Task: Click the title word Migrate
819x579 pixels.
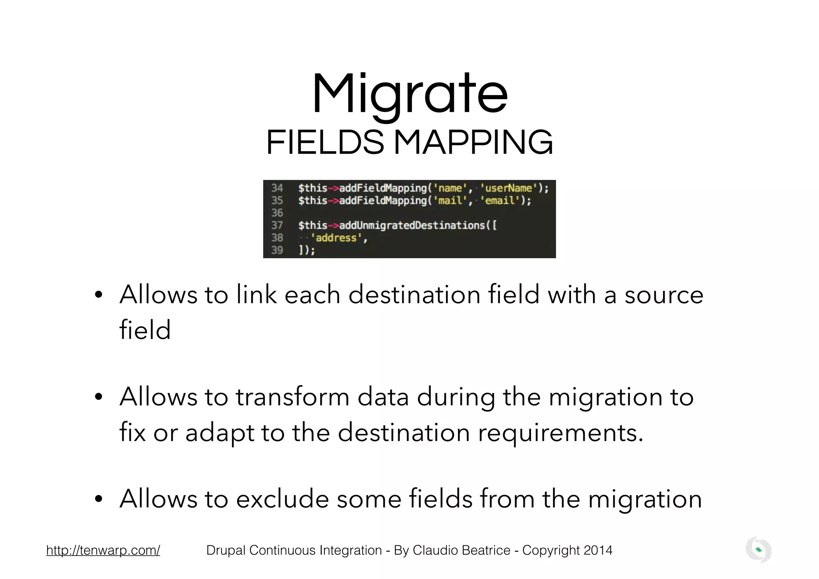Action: coord(409,94)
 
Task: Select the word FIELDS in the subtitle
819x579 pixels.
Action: coord(325,143)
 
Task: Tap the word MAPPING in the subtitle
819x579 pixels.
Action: coord(473,143)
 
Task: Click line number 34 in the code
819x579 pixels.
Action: coord(277,188)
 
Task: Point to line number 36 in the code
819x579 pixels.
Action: coord(277,213)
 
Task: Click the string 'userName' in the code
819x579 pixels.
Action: coord(508,188)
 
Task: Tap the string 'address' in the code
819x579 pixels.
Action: coord(336,238)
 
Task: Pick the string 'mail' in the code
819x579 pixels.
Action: coord(450,201)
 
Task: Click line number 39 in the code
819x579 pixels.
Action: coord(277,251)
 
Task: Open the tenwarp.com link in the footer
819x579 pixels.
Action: coord(103,550)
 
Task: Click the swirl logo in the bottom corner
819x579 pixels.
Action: coord(758,550)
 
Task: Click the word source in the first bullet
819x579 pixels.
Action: coord(664,295)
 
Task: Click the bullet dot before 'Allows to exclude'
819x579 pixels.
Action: coord(99,499)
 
